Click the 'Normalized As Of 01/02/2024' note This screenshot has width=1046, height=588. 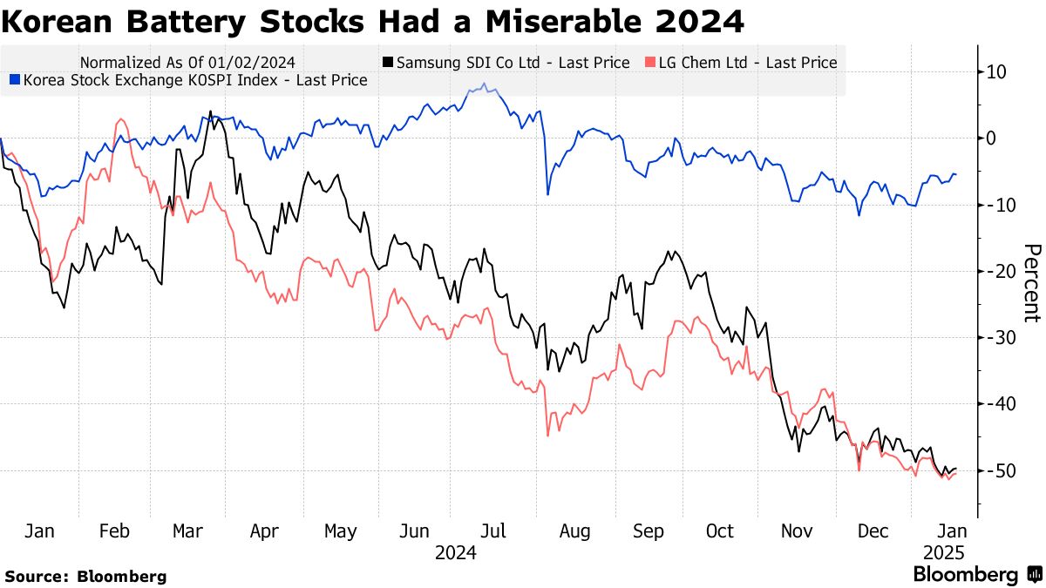(x=187, y=63)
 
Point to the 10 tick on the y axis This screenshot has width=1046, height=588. (x=996, y=71)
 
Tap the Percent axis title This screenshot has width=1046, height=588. (x=1031, y=283)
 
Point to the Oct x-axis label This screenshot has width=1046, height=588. (x=720, y=531)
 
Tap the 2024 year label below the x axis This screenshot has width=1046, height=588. (x=456, y=552)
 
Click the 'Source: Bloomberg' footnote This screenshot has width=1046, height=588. (x=85, y=576)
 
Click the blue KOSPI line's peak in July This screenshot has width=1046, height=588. (x=484, y=85)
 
